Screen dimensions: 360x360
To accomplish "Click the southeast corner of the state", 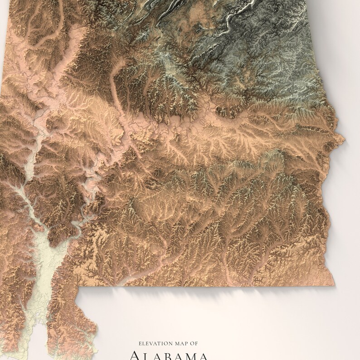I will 329,270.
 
